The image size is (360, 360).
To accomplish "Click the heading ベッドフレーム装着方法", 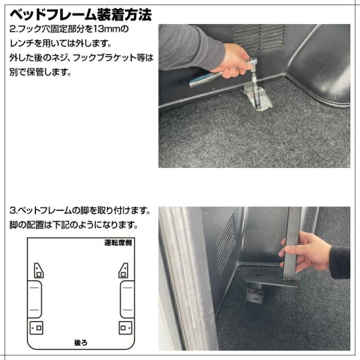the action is [x=80, y=15].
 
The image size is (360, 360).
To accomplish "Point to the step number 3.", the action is [x=13, y=211].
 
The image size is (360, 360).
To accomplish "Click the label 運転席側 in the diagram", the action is [x=118, y=242].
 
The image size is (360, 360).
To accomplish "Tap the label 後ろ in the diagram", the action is [x=81, y=343].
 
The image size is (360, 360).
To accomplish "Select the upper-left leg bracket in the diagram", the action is [x=38, y=271].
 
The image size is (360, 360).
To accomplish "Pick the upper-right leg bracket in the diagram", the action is [x=123, y=271].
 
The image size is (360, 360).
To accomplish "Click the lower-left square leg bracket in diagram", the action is [x=37, y=328].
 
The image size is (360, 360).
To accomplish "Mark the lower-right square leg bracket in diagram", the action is [x=125, y=328].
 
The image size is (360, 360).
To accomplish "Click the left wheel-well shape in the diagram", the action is [x=35, y=299].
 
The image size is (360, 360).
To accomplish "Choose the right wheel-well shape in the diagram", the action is [x=127, y=299].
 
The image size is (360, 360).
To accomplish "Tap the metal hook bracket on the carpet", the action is [x=257, y=98].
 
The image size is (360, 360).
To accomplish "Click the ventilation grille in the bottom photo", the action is [x=226, y=242].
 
